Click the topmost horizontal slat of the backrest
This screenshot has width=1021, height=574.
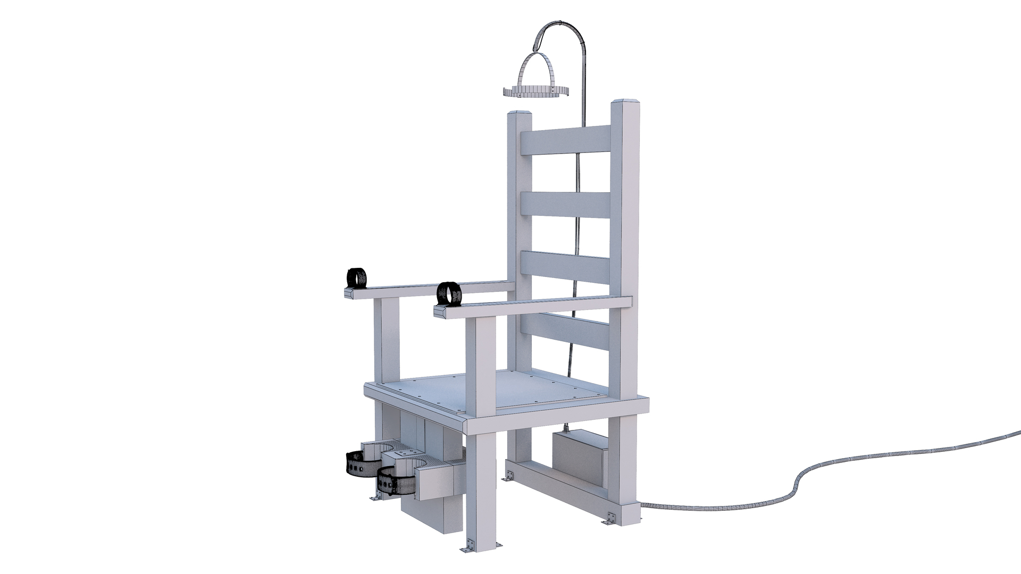tap(565, 140)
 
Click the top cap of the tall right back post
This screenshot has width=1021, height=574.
tap(624, 102)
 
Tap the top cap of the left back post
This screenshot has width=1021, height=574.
tap(520, 114)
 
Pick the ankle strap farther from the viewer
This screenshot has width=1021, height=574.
tap(362, 463)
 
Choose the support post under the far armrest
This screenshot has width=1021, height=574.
tap(387, 340)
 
